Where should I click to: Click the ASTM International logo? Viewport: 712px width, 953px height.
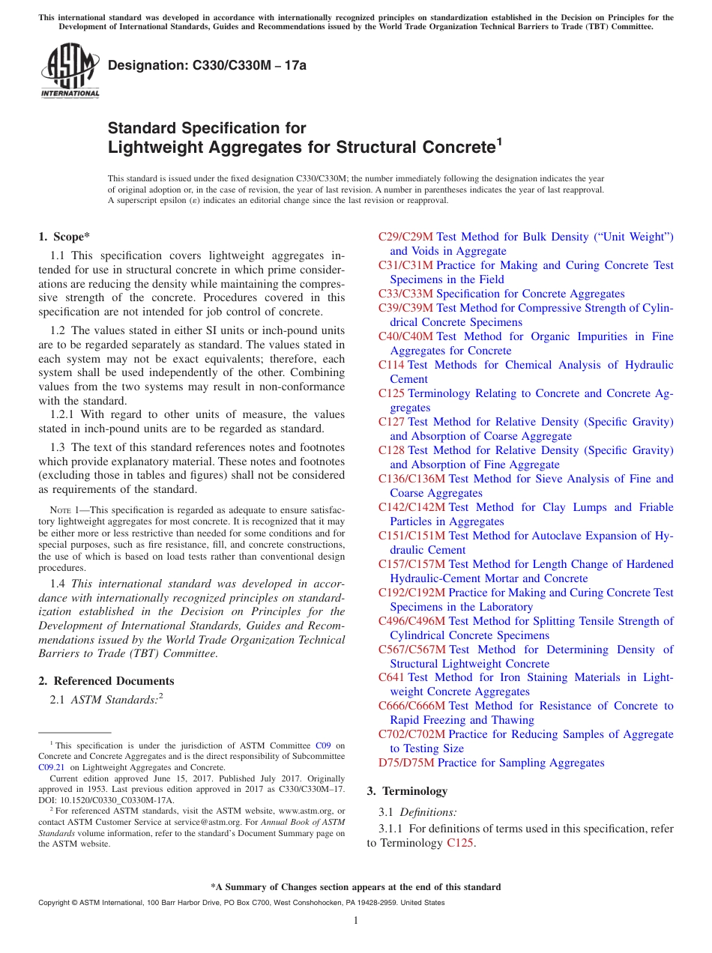tap(70, 72)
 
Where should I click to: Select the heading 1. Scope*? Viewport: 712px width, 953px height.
tap(64, 237)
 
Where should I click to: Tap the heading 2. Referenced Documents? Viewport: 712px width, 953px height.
tap(106, 681)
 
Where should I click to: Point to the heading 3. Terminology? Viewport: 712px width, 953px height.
tap(407, 791)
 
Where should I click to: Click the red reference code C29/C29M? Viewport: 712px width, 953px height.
tap(405, 237)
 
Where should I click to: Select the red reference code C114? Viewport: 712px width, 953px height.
tap(391, 365)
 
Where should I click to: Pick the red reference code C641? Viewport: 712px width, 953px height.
tap(391, 677)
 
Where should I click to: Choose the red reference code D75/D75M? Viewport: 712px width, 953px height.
tap(406, 763)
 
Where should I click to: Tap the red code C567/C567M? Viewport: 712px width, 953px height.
tap(412, 650)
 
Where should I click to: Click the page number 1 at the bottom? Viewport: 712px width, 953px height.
tap(356, 920)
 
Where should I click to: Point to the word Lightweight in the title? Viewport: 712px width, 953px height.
tap(150, 147)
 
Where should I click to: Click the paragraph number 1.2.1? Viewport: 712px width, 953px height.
tap(65, 414)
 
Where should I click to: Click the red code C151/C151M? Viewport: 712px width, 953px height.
tap(411, 536)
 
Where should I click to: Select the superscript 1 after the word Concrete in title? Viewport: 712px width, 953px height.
tap(498, 140)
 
